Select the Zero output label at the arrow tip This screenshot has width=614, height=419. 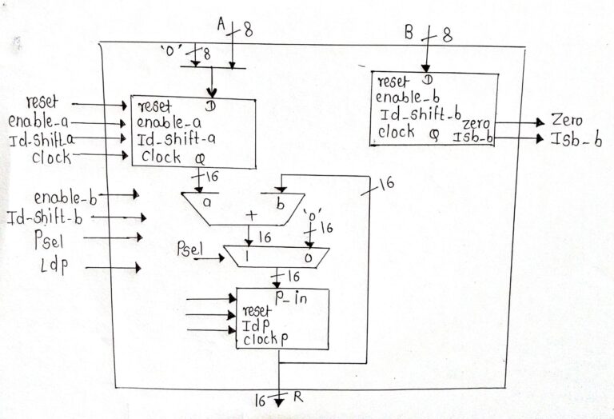point(567,121)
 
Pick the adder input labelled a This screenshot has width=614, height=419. point(206,203)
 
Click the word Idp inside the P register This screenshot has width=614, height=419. point(255,325)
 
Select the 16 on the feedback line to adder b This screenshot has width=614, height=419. point(385,185)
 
